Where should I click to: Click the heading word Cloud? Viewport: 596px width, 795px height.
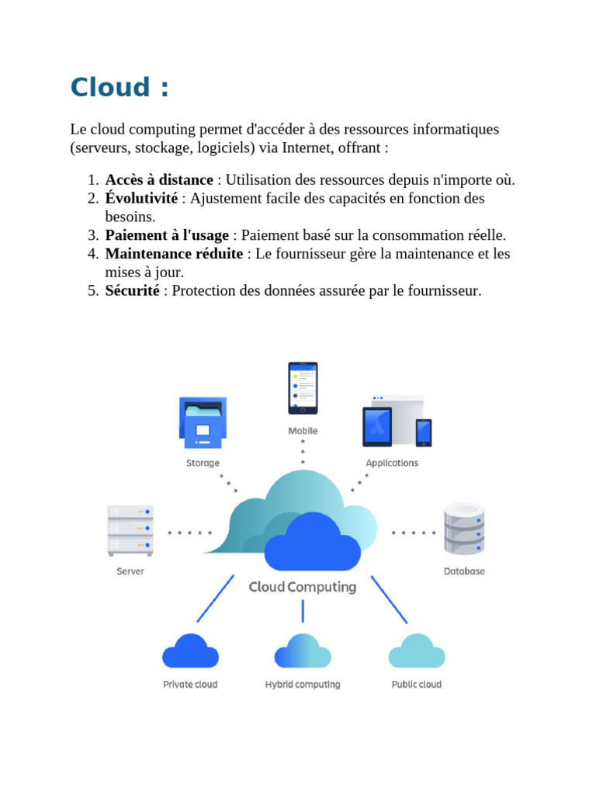(x=109, y=88)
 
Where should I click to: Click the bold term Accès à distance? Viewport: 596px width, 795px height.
(x=159, y=180)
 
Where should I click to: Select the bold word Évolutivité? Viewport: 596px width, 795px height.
(x=141, y=199)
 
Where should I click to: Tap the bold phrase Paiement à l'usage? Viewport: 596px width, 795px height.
(x=167, y=235)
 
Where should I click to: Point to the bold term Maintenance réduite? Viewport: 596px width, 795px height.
(x=174, y=254)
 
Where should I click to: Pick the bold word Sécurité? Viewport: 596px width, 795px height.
(x=133, y=291)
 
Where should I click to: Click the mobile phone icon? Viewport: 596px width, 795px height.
(x=303, y=387)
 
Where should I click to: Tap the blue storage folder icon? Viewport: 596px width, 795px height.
(x=203, y=422)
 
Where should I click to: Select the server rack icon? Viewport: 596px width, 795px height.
(x=130, y=530)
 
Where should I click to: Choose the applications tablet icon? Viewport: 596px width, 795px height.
(x=378, y=426)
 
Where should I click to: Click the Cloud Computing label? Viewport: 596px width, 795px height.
(x=303, y=587)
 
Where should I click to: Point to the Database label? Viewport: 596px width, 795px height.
(x=464, y=571)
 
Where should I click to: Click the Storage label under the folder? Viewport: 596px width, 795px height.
(x=203, y=463)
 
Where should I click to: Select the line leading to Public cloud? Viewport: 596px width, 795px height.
(x=389, y=599)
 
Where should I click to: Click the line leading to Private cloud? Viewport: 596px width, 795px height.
(x=216, y=599)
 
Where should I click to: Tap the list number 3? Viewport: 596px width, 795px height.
(x=92, y=235)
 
